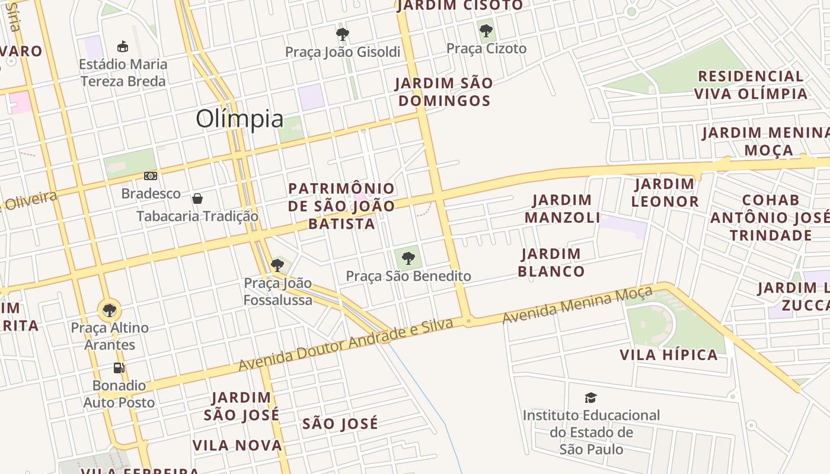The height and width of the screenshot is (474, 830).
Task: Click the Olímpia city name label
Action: [x=240, y=119]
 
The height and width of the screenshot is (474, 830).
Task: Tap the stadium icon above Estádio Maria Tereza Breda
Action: [x=123, y=46]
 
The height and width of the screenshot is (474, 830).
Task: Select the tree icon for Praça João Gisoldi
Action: [x=342, y=34]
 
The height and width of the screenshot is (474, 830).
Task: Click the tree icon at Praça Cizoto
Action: [x=486, y=30]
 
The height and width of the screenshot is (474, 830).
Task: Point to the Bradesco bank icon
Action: [x=151, y=176]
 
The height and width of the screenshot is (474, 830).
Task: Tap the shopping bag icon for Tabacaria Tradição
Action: [x=197, y=198]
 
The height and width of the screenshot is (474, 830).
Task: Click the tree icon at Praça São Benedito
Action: [x=408, y=258]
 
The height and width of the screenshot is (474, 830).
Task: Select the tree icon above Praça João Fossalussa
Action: [x=277, y=265]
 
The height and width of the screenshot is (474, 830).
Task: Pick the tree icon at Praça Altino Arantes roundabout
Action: [x=109, y=310]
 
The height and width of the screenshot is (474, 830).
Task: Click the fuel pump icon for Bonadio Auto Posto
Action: [x=119, y=368]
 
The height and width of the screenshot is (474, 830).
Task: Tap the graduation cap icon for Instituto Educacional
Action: [x=590, y=398]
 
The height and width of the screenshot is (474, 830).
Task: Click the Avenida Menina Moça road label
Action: [x=577, y=305]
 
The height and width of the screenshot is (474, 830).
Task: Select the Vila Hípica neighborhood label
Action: [x=669, y=355]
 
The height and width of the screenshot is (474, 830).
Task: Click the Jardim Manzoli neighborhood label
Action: [x=562, y=209]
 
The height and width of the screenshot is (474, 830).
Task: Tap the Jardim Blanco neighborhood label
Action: [x=551, y=262]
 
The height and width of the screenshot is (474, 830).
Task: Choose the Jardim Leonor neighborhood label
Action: [x=665, y=193]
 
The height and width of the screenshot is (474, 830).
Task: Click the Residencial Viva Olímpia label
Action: [x=751, y=85]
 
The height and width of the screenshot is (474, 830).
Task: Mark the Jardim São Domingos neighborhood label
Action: [x=444, y=92]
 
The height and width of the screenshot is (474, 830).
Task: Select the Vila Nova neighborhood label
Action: [x=237, y=445]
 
